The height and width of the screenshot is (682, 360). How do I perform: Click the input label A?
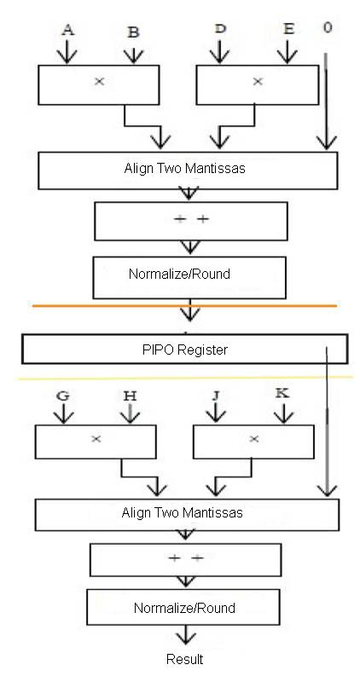(67, 30)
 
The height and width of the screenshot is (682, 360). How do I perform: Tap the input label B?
(134, 32)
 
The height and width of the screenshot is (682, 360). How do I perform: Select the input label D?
(220, 29)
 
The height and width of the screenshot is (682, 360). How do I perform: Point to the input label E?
(288, 29)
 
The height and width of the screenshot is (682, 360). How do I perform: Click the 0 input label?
(328, 27)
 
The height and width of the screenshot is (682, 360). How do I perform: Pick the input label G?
(63, 396)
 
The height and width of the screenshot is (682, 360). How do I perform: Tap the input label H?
(130, 396)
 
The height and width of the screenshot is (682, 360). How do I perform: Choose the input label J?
(216, 396)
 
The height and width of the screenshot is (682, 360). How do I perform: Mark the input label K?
(282, 394)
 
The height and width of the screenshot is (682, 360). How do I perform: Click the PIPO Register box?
(185, 349)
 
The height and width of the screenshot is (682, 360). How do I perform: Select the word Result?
(184, 659)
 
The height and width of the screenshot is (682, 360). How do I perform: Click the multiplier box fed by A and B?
(99, 84)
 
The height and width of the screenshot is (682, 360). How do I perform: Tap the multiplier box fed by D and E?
(258, 84)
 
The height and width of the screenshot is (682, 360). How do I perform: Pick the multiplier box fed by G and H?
(96, 442)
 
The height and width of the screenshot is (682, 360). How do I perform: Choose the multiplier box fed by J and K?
(253, 442)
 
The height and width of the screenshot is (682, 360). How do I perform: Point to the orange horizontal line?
(184, 306)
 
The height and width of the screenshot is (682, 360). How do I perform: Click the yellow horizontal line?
(185, 378)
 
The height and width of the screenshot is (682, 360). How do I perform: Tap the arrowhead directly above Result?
(186, 638)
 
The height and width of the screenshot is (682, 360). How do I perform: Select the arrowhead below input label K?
(284, 417)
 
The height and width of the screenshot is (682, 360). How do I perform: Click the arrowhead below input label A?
(67, 57)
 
